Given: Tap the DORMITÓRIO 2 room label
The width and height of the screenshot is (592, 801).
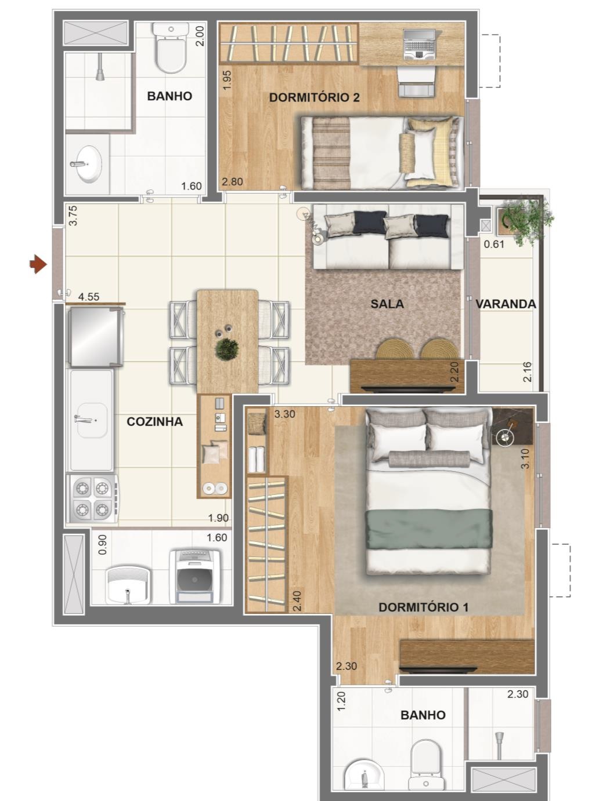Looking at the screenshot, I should pyautogui.click(x=314, y=97).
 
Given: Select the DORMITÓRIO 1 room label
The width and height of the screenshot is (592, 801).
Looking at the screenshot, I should pyautogui.click(x=423, y=607).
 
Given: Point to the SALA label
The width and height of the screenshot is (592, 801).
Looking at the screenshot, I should pyautogui.click(x=387, y=304).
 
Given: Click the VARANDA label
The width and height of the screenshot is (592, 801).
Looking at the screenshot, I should pyautogui.click(x=506, y=304).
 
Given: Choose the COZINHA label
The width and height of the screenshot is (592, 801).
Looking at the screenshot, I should pyautogui.click(x=154, y=421).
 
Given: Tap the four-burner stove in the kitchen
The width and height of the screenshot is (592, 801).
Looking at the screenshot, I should pyautogui.click(x=93, y=499).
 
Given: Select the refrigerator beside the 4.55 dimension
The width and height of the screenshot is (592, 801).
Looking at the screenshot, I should pyautogui.click(x=95, y=338).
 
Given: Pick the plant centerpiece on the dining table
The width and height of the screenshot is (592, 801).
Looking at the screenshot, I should pyautogui.click(x=226, y=349).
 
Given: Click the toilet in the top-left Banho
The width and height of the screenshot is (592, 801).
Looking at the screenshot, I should pyautogui.click(x=171, y=50).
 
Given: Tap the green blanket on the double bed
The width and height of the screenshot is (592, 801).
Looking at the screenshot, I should pyautogui.click(x=428, y=528).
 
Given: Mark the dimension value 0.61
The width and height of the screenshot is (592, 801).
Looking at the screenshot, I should pyautogui.click(x=494, y=244).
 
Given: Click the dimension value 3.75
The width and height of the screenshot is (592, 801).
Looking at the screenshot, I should pyautogui.click(x=73, y=216).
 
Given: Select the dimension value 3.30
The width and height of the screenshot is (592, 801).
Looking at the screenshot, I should pyautogui.click(x=285, y=414).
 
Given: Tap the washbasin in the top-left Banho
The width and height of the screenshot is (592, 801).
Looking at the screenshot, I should pyautogui.click(x=89, y=163).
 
